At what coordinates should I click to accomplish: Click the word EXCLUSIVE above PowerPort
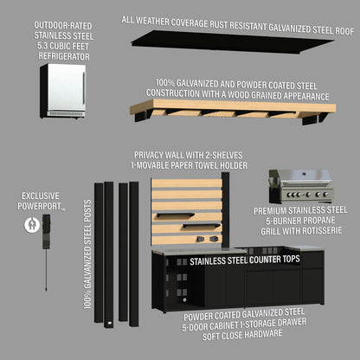pos(42,196)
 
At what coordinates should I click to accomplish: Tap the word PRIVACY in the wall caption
pos(151,152)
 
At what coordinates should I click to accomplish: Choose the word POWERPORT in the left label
pos(42,206)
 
